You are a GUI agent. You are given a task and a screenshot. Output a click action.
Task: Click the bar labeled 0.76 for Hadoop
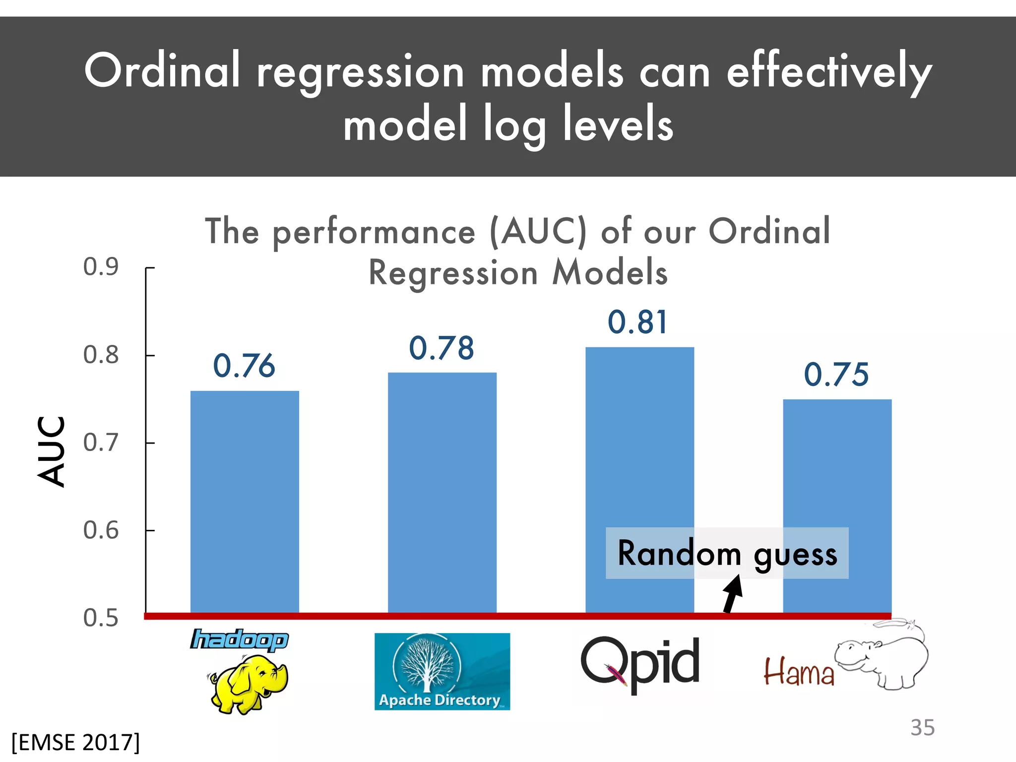pyautogui.click(x=245, y=501)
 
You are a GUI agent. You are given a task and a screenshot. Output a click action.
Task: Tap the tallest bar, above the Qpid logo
pyautogui.click(x=639, y=446)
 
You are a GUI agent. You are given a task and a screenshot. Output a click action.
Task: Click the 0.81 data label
pyautogui.click(x=637, y=322)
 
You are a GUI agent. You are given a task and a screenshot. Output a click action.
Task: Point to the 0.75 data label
pyautogui.click(x=836, y=374)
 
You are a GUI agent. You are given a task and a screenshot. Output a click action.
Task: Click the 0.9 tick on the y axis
pyautogui.click(x=101, y=267)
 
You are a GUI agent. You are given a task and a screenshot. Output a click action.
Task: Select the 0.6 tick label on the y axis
pyautogui.click(x=101, y=530)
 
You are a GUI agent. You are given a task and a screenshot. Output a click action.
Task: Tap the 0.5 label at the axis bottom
pyautogui.click(x=101, y=618)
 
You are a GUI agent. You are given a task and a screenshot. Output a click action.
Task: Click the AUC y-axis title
pyautogui.click(x=51, y=451)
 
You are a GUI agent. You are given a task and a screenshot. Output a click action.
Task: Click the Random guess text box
pyautogui.click(x=727, y=553)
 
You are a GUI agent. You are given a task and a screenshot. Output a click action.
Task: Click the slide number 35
pyautogui.click(x=922, y=728)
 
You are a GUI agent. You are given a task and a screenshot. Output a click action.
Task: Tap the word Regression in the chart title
pyautogui.click(x=453, y=273)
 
